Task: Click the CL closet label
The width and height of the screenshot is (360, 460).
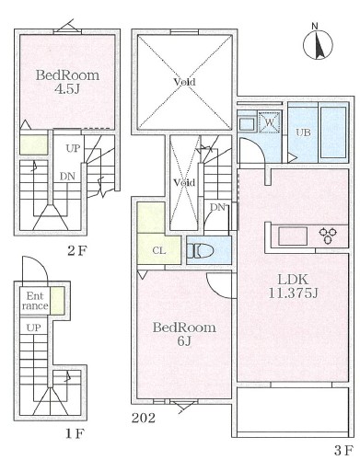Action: (x=158, y=248)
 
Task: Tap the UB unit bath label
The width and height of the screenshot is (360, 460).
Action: (x=303, y=132)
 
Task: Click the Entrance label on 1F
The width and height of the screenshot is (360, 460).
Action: (x=34, y=300)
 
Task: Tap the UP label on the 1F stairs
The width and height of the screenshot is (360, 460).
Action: (x=33, y=328)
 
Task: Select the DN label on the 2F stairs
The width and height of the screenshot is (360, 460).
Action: (x=67, y=177)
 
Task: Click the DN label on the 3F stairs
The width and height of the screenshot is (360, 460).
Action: (x=216, y=207)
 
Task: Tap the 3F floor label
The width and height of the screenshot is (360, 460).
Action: (x=343, y=450)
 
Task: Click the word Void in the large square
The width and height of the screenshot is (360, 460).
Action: (x=184, y=82)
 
